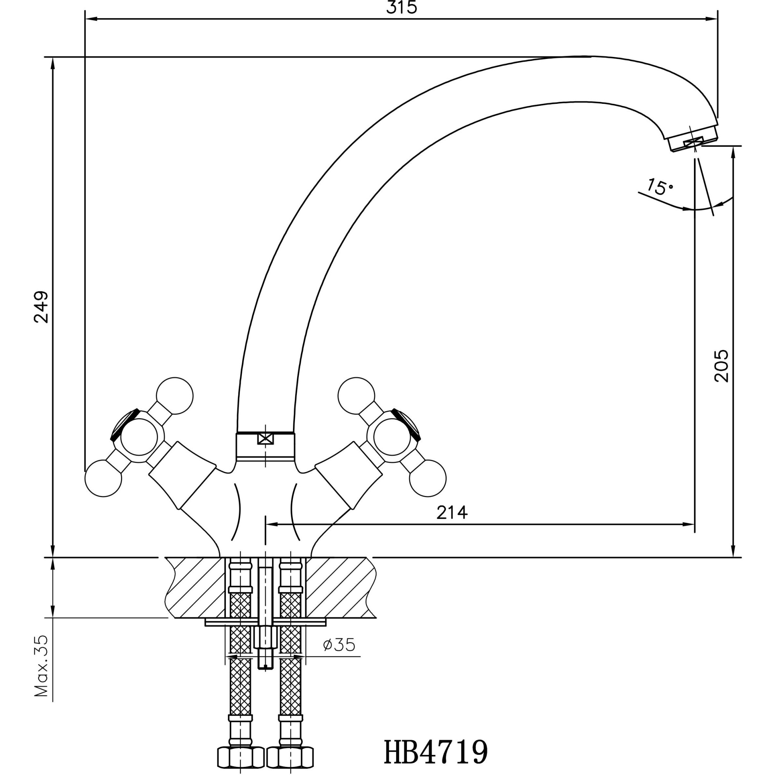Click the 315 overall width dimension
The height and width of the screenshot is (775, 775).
point(401,9)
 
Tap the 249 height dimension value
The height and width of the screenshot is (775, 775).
point(42,307)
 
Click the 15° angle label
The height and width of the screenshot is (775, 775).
point(660,187)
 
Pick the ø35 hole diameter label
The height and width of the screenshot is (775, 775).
point(339,656)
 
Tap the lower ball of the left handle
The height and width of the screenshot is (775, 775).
point(103,479)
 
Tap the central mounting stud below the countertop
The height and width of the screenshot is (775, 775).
point(265,646)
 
